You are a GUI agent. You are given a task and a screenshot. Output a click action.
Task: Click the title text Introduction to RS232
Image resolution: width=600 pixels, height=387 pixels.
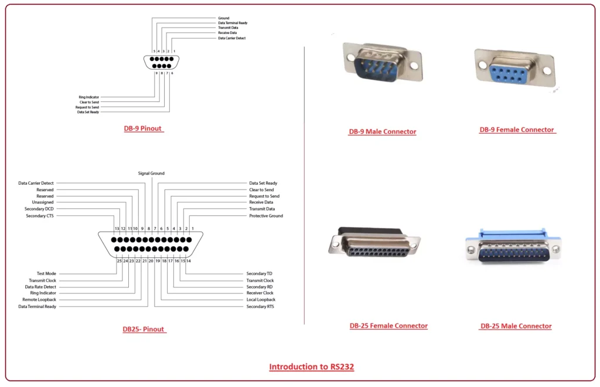coord(311,367)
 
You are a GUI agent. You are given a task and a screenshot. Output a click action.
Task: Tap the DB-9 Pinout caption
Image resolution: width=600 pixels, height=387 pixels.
coord(142,128)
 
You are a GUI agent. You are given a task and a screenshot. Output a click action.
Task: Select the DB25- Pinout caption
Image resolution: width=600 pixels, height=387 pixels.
coord(144,330)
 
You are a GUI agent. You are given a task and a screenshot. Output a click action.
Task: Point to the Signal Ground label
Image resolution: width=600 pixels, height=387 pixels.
coord(151,174)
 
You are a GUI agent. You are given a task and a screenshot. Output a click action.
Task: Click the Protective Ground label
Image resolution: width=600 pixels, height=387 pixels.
coord(266,216)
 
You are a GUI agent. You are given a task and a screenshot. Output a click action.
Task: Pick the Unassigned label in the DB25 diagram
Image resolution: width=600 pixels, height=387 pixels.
coord(42,202)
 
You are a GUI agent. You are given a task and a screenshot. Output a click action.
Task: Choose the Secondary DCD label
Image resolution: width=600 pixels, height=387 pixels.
coord(39,209)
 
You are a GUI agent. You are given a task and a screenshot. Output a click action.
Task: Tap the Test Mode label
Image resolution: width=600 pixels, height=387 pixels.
coord(46,274)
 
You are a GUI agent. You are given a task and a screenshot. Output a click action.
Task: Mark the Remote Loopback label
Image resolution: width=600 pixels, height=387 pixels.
coord(39,300)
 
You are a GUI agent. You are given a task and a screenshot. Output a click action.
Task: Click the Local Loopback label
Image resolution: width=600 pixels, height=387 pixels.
coord(261,300)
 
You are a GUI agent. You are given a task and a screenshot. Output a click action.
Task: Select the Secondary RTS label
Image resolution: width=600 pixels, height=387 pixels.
coord(260,307)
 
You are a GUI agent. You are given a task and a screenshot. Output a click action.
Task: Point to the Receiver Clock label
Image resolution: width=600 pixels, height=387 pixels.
coord(260,293)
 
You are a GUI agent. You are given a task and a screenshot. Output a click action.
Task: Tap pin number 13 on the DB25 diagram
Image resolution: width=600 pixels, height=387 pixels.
coord(117,228)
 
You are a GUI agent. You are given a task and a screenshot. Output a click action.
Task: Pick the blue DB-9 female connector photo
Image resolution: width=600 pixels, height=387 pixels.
coord(513,69)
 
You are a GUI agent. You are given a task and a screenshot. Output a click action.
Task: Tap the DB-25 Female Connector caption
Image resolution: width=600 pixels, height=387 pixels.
coord(388,326)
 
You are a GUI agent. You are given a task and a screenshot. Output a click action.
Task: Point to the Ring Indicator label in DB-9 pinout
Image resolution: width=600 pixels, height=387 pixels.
coord(89,97)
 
